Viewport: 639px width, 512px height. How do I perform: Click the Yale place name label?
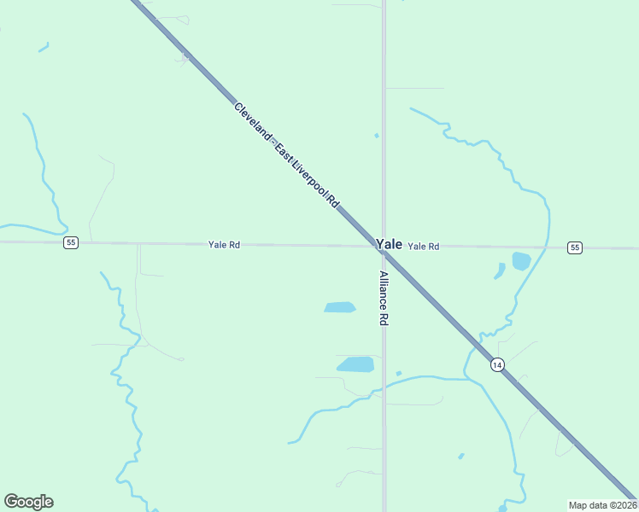(x=389, y=243)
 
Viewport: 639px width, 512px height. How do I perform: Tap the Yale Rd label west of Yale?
(x=224, y=245)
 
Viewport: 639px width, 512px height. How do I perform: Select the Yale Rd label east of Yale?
(x=424, y=247)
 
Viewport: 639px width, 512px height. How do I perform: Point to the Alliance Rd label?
(x=384, y=299)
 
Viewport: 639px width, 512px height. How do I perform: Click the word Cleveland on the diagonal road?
(x=253, y=120)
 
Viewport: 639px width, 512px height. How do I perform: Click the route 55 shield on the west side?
(x=71, y=243)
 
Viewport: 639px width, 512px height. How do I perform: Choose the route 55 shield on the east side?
(x=575, y=247)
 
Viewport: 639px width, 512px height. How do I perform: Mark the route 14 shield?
(x=497, y=365)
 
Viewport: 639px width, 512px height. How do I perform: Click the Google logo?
(x=28, y=502)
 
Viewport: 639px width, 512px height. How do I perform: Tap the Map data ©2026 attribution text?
(x=602, y=505)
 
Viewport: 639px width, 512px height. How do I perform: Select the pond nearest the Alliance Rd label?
(x=339, y=307)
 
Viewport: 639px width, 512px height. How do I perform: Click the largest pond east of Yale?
(x=521, y=261)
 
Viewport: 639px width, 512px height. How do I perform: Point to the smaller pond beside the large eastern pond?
(x=500, y=271)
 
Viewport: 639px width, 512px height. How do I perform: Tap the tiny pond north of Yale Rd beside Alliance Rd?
(x=376, y=135)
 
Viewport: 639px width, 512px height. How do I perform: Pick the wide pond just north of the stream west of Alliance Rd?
(x=356, y=364)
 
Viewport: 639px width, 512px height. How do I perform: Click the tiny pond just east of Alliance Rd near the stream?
(x=399, y=373)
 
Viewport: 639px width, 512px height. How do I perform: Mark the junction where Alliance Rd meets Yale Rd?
(x=384, y=247)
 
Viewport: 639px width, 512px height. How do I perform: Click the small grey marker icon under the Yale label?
(x=385, y=253)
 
